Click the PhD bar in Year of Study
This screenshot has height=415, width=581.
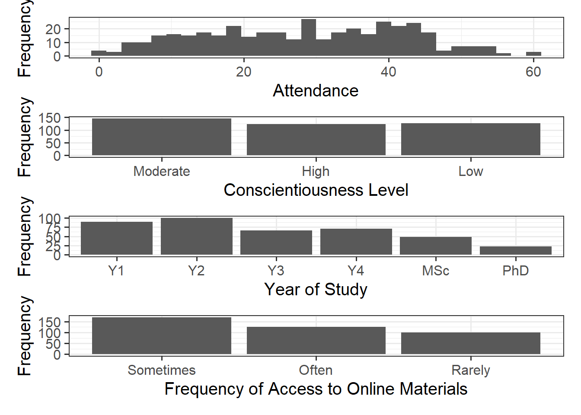515,250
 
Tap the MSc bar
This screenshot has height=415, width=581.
435,246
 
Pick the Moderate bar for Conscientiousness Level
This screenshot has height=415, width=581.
161,137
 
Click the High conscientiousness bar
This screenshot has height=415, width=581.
316,140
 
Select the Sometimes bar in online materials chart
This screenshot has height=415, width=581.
161,336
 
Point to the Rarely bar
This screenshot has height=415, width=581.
470,343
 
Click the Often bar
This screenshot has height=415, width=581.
316,341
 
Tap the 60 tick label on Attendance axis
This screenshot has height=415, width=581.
533,72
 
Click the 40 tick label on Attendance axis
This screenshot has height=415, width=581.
389,72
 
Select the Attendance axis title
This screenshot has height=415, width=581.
316,91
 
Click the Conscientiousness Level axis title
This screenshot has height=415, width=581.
316,190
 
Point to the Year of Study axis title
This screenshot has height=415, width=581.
316,290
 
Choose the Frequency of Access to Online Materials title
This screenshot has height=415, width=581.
316,389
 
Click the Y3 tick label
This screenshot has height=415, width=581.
276,271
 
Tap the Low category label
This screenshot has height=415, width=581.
470,172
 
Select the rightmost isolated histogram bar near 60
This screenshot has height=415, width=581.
533,54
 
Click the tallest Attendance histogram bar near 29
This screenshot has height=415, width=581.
308,38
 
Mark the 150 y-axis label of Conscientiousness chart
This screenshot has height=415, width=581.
49,118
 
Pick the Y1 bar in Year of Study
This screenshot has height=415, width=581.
116,238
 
